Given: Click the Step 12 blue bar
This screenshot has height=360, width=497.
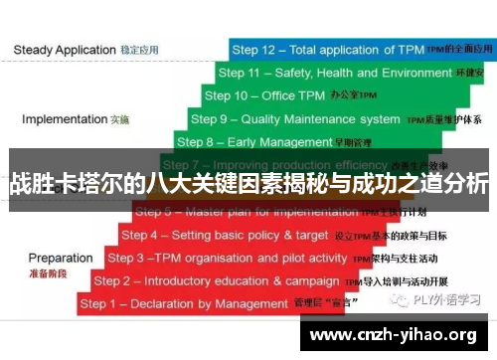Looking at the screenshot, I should [358, 49].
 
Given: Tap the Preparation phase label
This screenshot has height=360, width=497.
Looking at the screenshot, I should [61, 258].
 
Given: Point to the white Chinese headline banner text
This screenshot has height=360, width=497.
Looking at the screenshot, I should [248, 185].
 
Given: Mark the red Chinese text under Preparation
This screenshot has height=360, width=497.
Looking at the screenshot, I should [48, 271].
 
